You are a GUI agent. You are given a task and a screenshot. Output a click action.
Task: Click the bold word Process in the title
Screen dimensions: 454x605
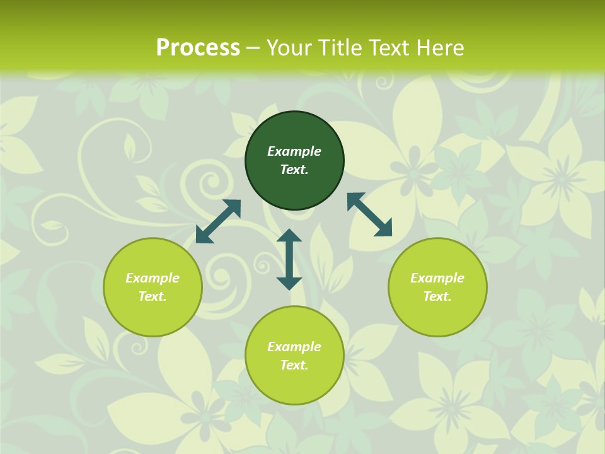click(x=198, y=48)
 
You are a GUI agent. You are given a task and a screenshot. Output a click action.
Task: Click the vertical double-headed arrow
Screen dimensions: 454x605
click(x=289, y=259)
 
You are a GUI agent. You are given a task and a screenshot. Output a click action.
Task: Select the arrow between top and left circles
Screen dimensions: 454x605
click(x=218, y=221)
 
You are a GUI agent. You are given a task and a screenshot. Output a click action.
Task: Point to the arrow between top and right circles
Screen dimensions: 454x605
click(x=369, y=214)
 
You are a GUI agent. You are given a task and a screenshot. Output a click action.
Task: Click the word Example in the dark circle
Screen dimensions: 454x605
click(x=294, y=151)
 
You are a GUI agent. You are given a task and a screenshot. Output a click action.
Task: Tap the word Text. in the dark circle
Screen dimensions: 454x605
click(x=294, y=170)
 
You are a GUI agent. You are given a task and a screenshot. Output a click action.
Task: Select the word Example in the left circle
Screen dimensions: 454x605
click(x=153, y=278)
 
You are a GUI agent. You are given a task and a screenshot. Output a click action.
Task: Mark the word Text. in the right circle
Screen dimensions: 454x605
click(x=437, y=296)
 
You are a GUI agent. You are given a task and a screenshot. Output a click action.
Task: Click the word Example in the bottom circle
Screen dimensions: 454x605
click(x=294, y=347)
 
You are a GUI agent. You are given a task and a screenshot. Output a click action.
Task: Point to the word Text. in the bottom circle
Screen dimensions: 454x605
click(x=294, y=365)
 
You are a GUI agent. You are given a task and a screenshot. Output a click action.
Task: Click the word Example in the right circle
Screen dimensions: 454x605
click(x=437, y=278)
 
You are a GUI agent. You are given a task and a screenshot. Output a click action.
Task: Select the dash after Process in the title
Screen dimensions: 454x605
click(x=253, y=48)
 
